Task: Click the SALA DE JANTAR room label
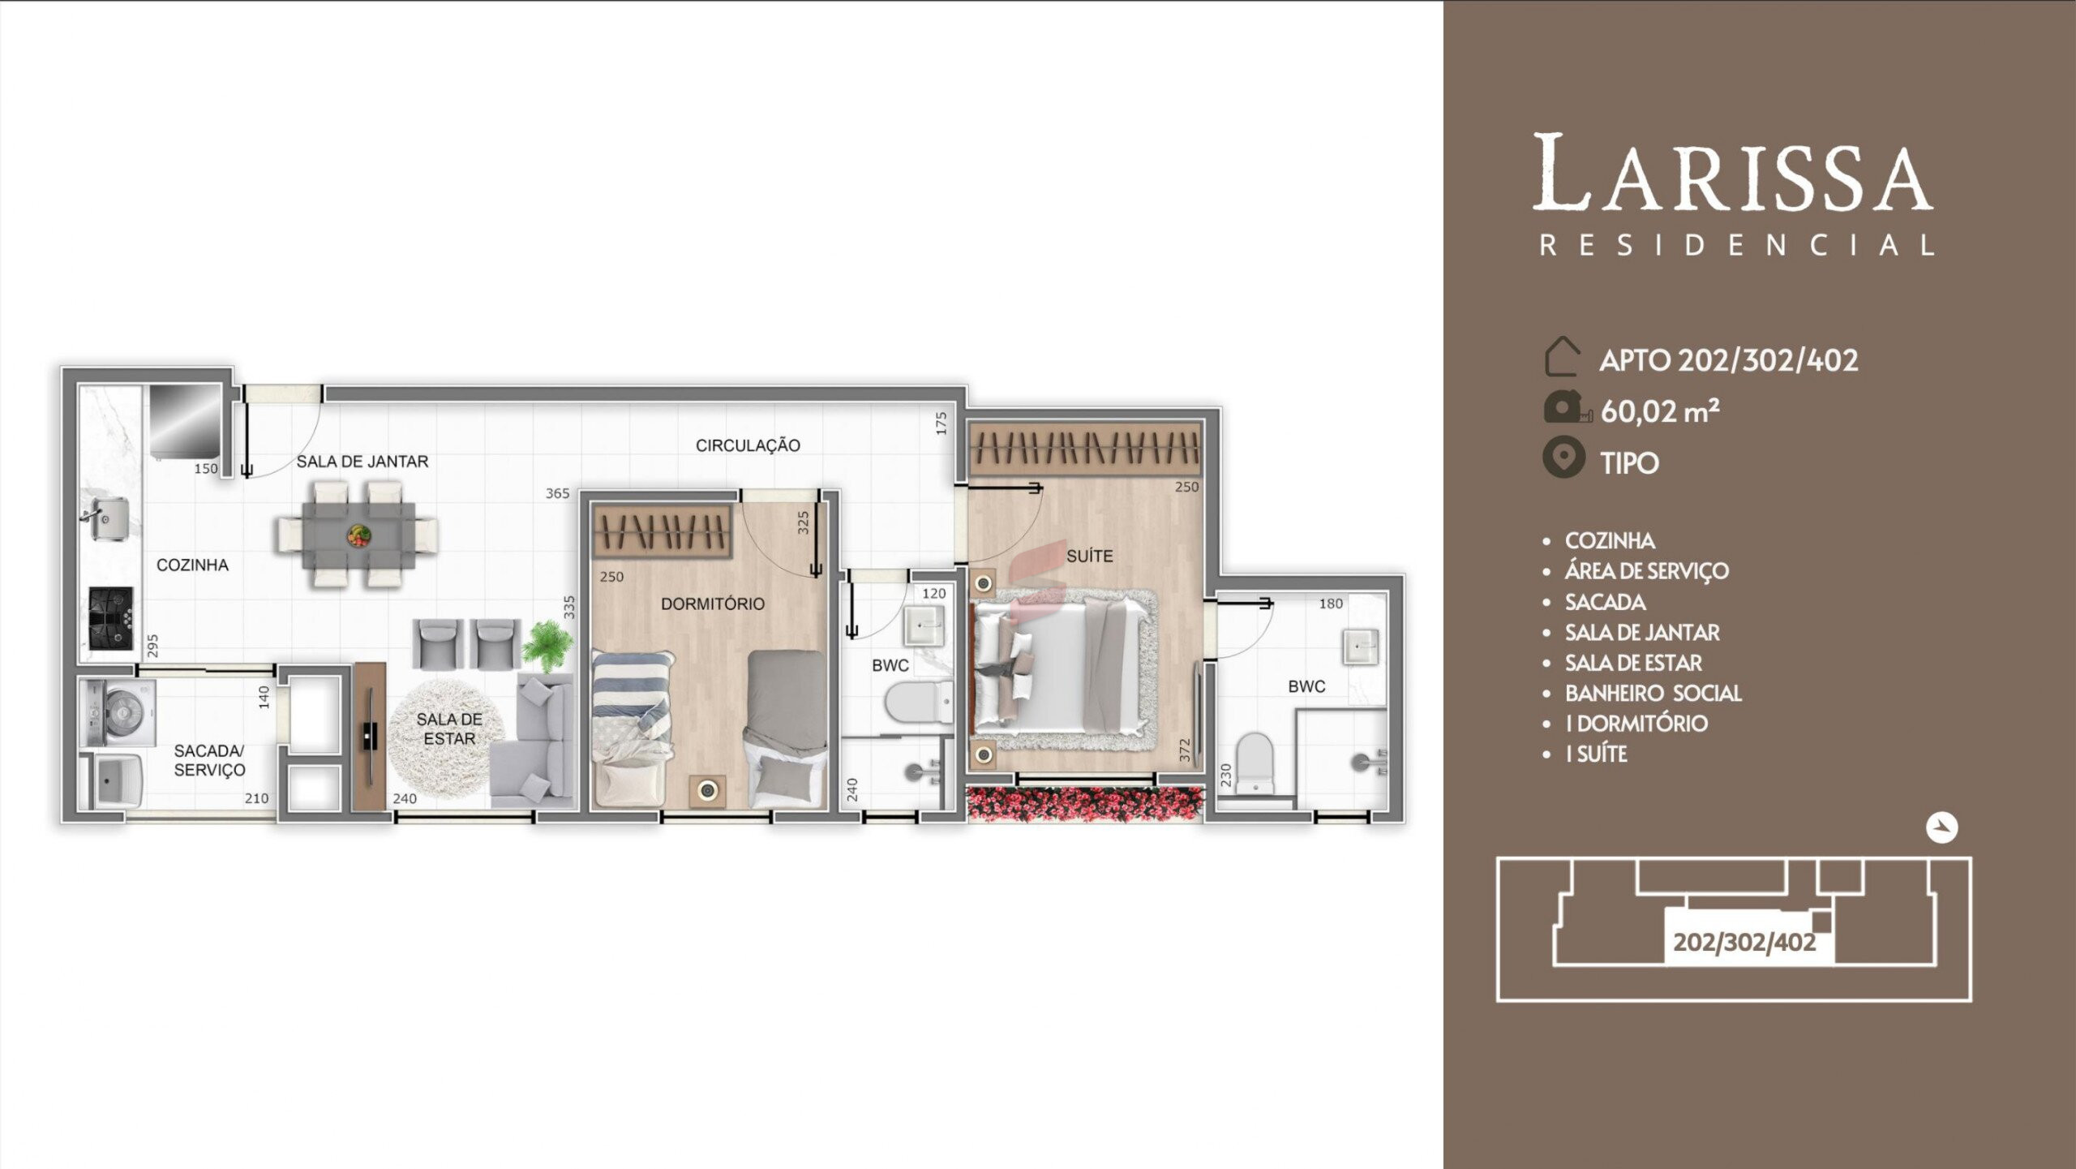pyautogui.click(x=362, y=462)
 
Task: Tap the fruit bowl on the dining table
pyautogui.click(x=359, y=535)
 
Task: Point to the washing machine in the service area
pyautogui.click(x=119, y=713)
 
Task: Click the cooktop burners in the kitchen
pyautogui.click(x=110, y=618)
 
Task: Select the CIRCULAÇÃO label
pyautogui.click(x=748, y=445)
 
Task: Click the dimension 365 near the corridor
pyautogui.click(x=557, y=493)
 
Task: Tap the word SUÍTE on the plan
pyautogui.click(x=1089, y=557)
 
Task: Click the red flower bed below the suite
pyautogui.click(x=1085, y=804)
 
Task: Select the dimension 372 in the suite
pyautogui.click(x=1185, y=750)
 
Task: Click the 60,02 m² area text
pyautogui.click(x=1659, y=411)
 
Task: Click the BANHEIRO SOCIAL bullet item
pyautogui.click(x=1653, y=694)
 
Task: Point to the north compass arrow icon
pyautogui.click(x=1942, y=828)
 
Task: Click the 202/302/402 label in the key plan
pyautogui.click(x=1744, y=943)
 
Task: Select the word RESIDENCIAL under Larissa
pyautogui.click(x=1737, y=245)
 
